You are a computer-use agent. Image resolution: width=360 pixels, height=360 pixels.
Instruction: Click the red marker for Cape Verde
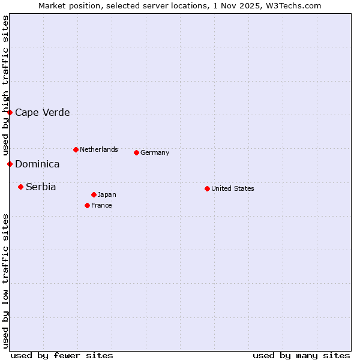click(x=10, y=112)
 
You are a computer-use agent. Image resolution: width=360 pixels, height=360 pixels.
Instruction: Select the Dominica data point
click(x=10, y=164)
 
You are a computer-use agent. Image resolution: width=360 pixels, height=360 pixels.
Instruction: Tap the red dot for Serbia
click(x=20, y=187)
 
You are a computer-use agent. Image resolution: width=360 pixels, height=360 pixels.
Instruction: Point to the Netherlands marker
click(x=76, y=149)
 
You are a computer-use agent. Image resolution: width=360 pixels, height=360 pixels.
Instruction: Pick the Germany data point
click(x=136, y=152)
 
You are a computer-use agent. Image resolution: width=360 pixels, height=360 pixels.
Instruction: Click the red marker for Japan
click(x=94, y=194)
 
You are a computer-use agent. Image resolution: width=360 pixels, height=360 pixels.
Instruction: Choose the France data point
click(x=87, y=205)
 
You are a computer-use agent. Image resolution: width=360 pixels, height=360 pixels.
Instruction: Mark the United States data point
click(x=207, y=188)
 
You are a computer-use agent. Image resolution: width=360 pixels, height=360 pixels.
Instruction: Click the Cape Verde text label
click(x=42, y=112)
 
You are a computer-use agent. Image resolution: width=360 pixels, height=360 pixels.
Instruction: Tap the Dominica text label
click(x=37, y=164)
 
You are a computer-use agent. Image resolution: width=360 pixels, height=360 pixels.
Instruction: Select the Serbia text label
click(x=41, y=187)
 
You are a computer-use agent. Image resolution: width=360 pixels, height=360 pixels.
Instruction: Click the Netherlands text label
click(x=99, y=149)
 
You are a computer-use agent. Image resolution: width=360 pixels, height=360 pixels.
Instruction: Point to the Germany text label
click(x=155, y=152)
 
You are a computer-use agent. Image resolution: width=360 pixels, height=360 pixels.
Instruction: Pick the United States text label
click(x=233, y=188)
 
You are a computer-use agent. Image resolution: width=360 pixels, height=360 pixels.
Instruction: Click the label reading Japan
click(x=107, y=194)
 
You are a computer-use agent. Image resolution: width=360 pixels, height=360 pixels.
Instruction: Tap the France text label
click(x=101, y=205)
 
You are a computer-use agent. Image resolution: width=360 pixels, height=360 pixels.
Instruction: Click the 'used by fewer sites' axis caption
click(x=62, y=355)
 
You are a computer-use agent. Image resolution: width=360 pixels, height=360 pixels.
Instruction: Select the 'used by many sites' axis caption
click(x=301, y=355)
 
